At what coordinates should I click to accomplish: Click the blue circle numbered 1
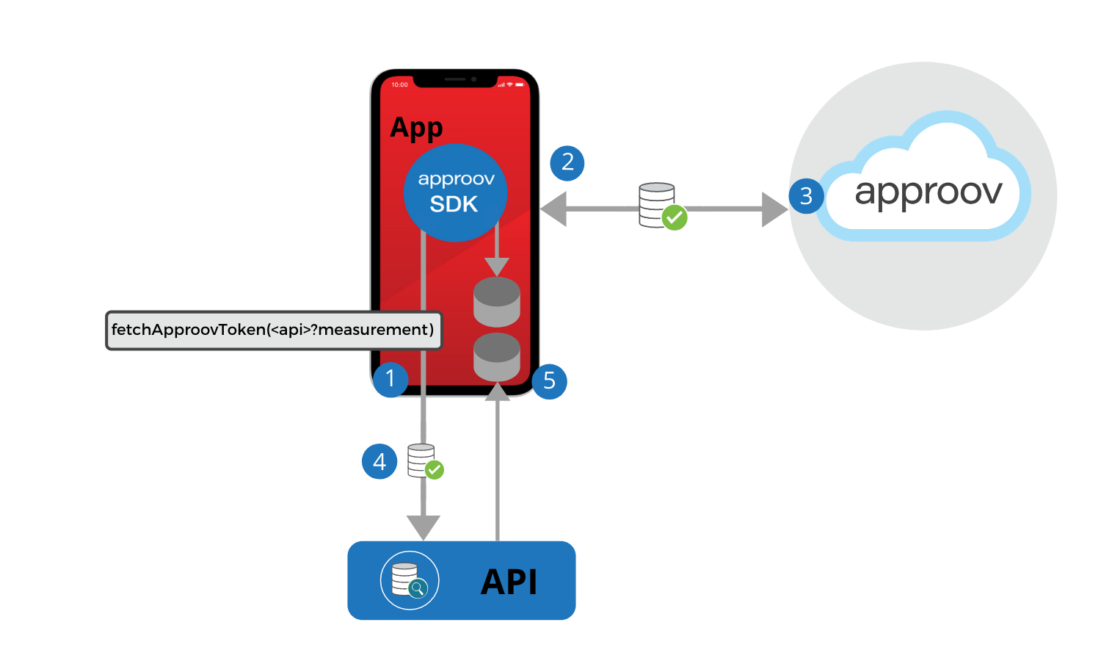(x=390, y=379)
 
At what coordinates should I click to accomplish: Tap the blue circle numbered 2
(x=567, y=163)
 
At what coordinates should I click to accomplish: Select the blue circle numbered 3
(x=806, y=196)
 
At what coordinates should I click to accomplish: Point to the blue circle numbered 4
(x=379, y=461)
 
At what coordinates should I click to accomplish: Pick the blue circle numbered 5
(x=549, y=381)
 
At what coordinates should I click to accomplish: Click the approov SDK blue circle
(x=455, y=192)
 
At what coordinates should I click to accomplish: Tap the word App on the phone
(x=416, y=128)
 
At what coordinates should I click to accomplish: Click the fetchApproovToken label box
(x=273, y=330)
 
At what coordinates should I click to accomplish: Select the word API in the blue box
(x=509, y=582)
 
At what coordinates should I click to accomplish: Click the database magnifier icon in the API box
(x=410, y=580)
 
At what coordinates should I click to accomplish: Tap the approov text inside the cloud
(x=928, y=192)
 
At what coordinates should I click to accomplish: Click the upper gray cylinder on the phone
(x=497, y=302)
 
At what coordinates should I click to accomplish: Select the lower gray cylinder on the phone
(x=497, y=357)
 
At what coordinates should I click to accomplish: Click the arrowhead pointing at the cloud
(x=774, y=209)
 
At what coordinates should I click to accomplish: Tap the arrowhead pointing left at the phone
(x=554, y=209)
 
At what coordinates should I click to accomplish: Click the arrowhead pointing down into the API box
(x=424, y=527)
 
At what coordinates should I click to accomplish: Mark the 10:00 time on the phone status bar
(x=399, y=84)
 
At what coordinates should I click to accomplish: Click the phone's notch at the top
(x=455, y=79)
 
